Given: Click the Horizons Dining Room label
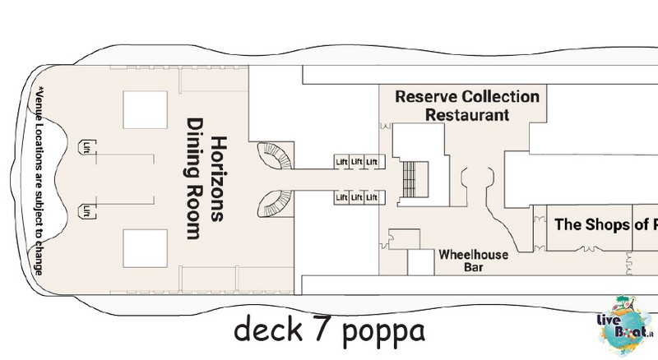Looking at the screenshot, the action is pyautogui.click(x=206, y=178).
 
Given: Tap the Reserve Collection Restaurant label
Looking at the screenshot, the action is pyautogui.click(x=467, y=106).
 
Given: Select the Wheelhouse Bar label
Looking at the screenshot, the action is pyautogui.click(x=474, y=261).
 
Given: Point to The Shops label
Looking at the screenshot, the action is pyautogui.click(x=591, y=224).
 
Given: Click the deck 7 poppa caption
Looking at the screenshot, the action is pyautogui.click(x=330, y=330).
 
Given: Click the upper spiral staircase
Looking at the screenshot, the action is pyautogui.click(x=275, y=155).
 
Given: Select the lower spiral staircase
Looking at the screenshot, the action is pyautogui.click(x=275, y=204).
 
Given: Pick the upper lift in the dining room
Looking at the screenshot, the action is pyautogui.click(x=87, y=147).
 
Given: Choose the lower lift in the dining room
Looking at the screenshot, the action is pyautogui.click(x=87, y=211).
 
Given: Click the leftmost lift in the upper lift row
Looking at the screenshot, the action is pyautogui.click(x=341, y=162).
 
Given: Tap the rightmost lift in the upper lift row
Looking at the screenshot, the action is pyautogui.click(x=372, y=162).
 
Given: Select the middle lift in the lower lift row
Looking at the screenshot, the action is pyautogui.click(x=357, y=197).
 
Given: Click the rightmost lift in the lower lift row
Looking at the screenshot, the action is pyautogui.click(x=372, y=197).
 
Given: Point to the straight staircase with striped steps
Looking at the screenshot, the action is pyautogui.click(x=409, y=179).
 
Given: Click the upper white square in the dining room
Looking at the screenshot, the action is pyautogui.click(x=146, y=110).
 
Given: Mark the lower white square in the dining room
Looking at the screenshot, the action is pyautogui.click(x=146, y=248).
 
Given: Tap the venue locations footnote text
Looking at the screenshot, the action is pyautogui.click(x=39, y=181).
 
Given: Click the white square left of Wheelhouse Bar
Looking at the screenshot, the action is pyautogui.click(x=421, y=262).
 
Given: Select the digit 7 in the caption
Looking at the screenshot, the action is pyautogui.click(x=322, y=328).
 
